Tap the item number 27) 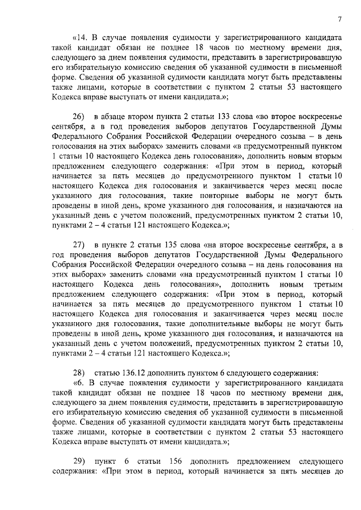[x=79, y=244]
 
